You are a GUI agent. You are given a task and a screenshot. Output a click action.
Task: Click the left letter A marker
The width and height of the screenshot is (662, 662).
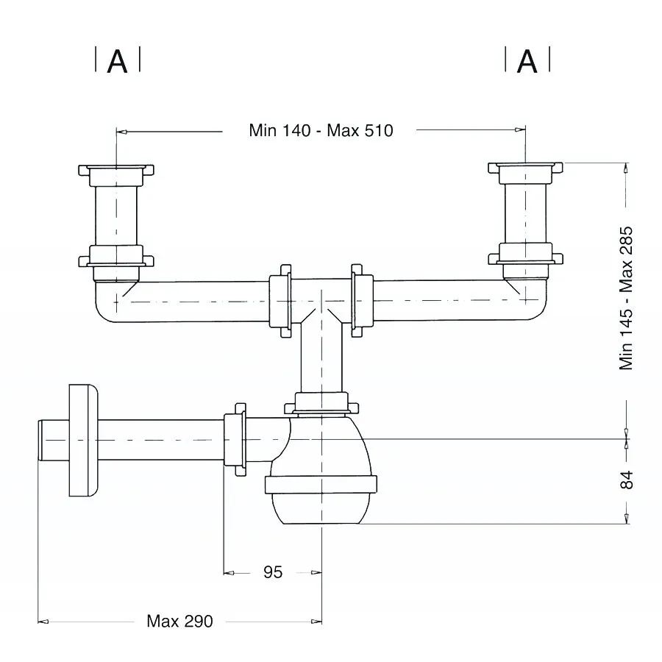pyautogui.click(x=118, y=62)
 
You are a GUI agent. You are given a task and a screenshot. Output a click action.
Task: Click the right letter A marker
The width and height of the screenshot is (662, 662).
pyautogui.click(x=527, y=62)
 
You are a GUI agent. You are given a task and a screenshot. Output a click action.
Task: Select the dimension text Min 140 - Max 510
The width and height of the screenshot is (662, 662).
pyautogui.click(x=321, y=130)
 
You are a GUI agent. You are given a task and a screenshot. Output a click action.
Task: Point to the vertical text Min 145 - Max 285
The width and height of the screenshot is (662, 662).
pyautogui.click(x=626, y=298)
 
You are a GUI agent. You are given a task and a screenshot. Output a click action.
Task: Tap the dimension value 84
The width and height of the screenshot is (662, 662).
pyautogui.click(x=627, y=480)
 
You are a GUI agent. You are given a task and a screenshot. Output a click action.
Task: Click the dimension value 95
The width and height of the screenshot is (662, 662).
pyautogui.click(x=273, y=572)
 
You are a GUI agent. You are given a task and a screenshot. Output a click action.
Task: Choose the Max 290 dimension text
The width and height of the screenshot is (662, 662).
pyautogui.click(x=180, y=621)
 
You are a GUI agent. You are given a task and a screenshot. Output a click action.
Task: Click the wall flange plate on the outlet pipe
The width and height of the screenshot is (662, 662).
pyautogui.click(x=83, y=441)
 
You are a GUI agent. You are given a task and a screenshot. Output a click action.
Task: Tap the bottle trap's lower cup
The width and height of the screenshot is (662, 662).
pyautogui.click(x=321, y=508)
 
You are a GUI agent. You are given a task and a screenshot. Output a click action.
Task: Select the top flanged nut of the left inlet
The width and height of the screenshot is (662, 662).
pyautogui.click(x=116, y=174)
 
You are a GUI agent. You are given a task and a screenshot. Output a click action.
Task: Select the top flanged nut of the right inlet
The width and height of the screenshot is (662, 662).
pyautogui.click(x=526, y=172)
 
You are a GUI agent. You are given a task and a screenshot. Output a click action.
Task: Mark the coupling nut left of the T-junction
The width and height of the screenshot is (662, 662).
pyautogui.click(x=280, y=301)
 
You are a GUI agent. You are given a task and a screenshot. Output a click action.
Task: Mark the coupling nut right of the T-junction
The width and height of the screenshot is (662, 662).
pyautogui.click(x=362, y=301)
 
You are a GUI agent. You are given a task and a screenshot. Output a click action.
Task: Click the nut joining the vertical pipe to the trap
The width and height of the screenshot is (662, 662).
pyautogui.click(x=321, y=403)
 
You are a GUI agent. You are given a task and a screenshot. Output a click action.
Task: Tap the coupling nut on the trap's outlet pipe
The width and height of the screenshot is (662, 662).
pyautogui.click(x=235, y=440)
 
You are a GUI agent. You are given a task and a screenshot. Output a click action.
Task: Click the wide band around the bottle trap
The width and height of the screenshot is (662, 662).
pyautogui.click(x=321, y=485)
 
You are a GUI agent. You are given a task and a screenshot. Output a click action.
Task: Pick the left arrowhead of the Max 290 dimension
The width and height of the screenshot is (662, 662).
pyautogui.click(x=43, y=622)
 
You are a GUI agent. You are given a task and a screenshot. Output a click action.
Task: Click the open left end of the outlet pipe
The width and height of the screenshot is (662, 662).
pyautogui.click(x=39, y=441)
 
